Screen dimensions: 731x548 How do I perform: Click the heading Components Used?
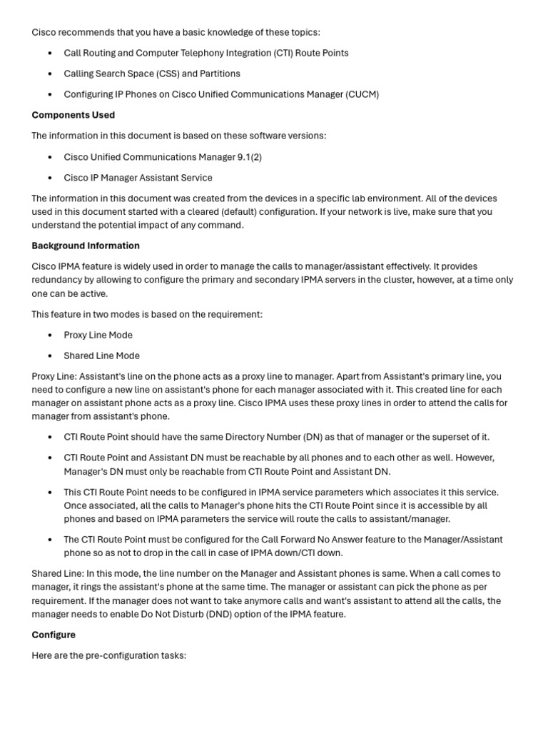(73, 115)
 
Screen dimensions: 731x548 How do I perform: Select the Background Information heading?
(86, 246)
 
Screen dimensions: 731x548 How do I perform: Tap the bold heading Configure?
(54, 635)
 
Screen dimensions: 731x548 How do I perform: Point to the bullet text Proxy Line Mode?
(98, 335)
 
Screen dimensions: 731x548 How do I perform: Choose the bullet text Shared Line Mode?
(101, 356)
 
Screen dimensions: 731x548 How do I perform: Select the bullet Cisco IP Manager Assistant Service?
(138, 178)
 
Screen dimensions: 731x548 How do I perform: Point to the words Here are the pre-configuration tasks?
(108, 655)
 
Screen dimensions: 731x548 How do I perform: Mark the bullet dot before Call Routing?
(50, 54)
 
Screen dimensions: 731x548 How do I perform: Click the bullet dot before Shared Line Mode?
(50, 356)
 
